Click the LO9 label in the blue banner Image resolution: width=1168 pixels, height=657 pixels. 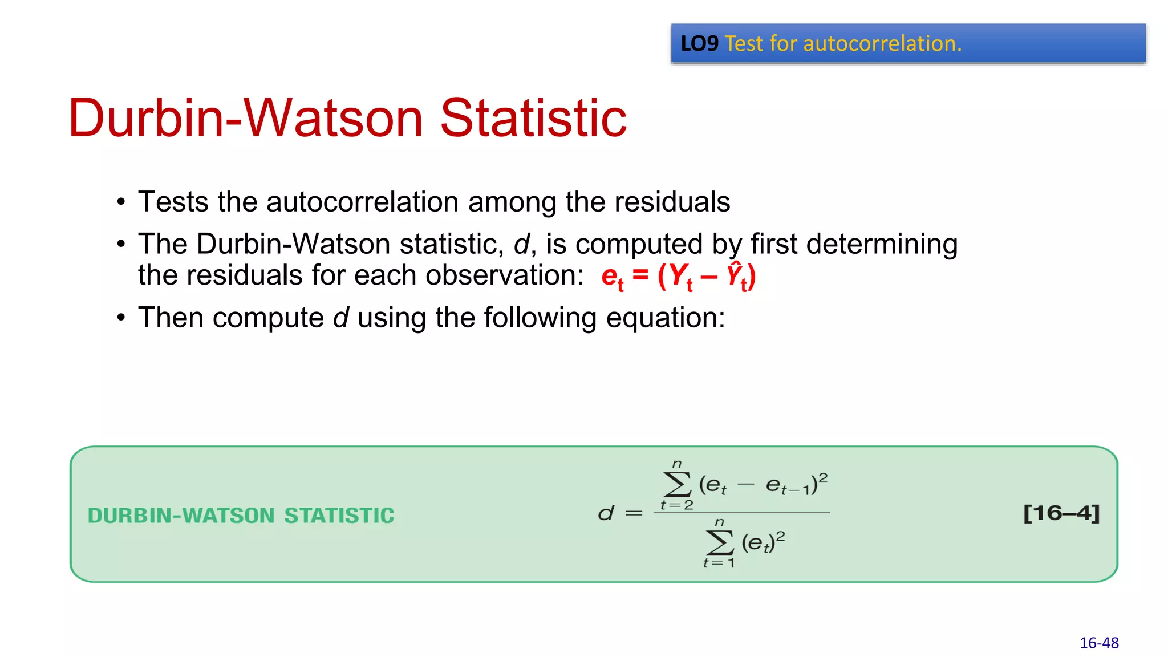pyautogui.click(x=699, y=44)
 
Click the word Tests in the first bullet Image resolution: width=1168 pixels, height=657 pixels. pyautogui.click(x=173, y=202)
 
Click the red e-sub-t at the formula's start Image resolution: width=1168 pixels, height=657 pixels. pyautogui.click(x=612, y=278)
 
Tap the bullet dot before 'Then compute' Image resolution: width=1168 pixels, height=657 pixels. pyautogui.click(x=121, y=318)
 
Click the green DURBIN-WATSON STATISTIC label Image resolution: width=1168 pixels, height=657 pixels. pyautogui.click(x=241, y=516)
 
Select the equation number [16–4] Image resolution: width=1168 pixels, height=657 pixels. pyautogui.click(x=1061, y=513)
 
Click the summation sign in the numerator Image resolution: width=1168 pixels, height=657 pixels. pyautogui.click(x=677, y=484)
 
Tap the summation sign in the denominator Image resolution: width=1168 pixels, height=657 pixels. pyautogui.click(x=720, y=542)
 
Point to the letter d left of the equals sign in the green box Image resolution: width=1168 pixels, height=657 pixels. pyautogui.click(x=606, y=513)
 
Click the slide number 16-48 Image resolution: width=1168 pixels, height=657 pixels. pyautogui.click(x=1099, y=643)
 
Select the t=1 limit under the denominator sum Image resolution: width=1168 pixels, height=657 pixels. pyautogui.click(x=719, y=563)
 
